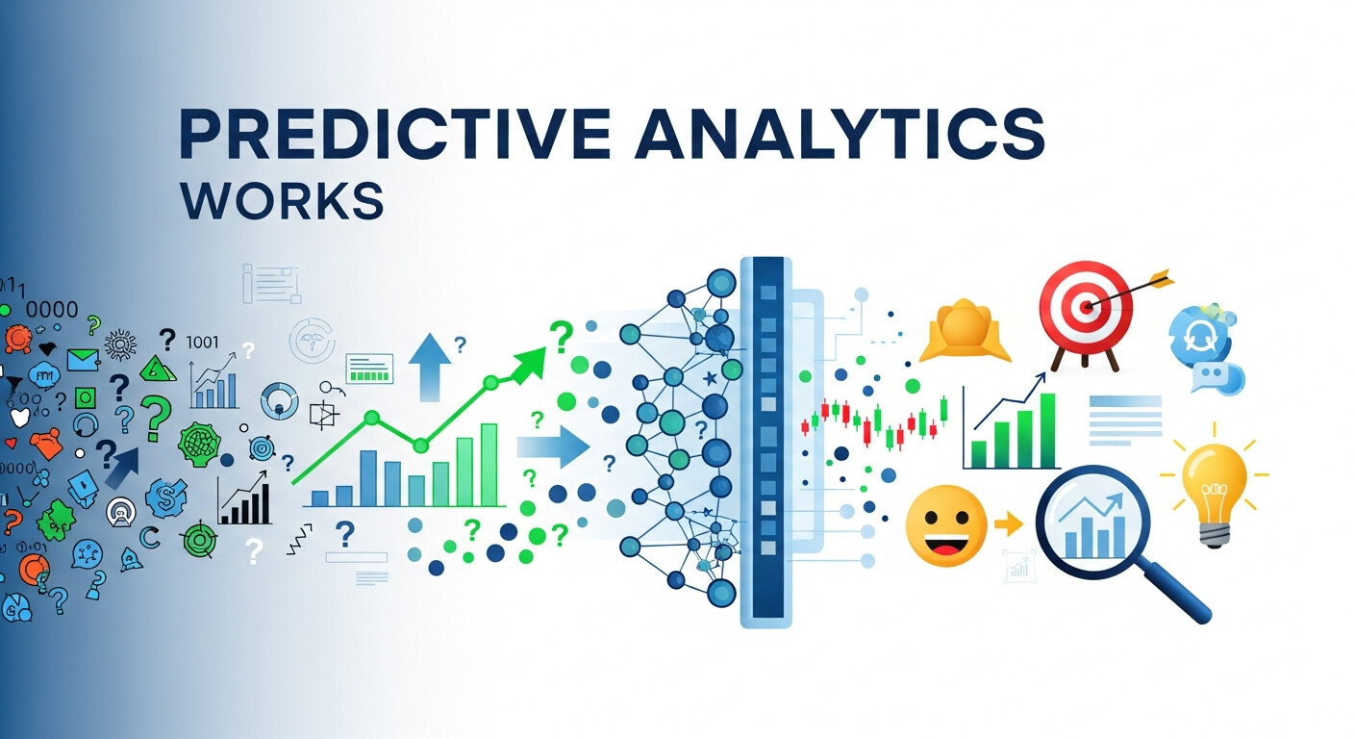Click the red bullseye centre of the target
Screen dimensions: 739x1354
(1086, 308)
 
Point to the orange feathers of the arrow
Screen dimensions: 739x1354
(1160, 279)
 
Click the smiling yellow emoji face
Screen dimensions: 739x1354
(946, 525)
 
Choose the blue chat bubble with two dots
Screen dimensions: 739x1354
(1214, 376)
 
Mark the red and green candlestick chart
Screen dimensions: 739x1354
(875, 424)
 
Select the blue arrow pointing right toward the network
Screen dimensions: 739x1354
(552, 446)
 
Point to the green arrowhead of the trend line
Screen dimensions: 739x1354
(528, 363)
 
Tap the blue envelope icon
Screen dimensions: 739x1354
(83, 360)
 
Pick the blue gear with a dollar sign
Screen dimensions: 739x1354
(165, 497)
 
